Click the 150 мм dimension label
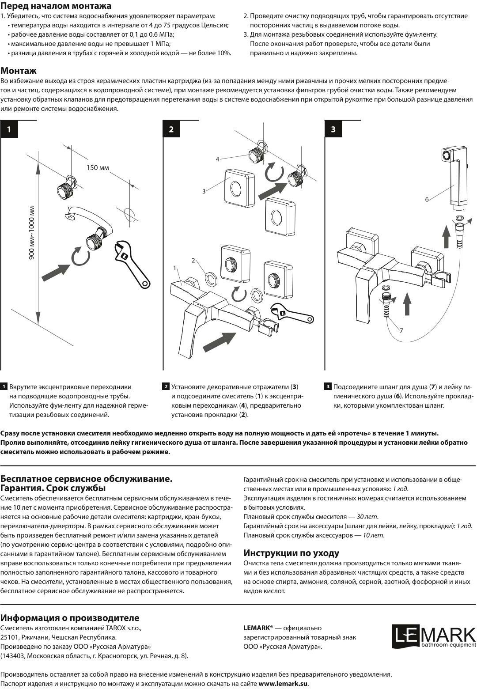[98, 167]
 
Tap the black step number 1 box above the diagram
[9, 129]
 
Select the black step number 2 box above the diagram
[171, 129]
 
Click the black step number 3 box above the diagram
[333, 129]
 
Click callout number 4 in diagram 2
[217, 159]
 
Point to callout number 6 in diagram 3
[427, 199]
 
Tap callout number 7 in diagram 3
[401, 330]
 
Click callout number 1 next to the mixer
[175, 268]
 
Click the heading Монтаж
[19, 71]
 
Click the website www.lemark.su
[283, 684]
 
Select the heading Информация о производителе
[70, 618]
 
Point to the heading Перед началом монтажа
[56, 6]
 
